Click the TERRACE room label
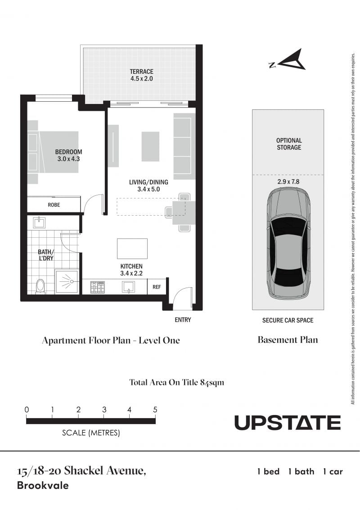click(141, 72)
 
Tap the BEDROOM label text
click(68, 152)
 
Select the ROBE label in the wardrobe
click(54, 205)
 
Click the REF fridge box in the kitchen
click(157, 287)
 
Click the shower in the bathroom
click(67, 281)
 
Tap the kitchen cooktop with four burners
click(98, 287)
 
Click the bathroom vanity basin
click(39, 223)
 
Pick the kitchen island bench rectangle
click(132, 249)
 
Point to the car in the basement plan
click(288, 244)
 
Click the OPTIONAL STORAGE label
click(289, 144)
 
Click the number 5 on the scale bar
click(155, 410)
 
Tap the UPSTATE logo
click(288, 423)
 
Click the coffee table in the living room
click(150, 146)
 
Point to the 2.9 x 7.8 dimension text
click(288, 182)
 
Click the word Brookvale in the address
click(43, 486)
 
